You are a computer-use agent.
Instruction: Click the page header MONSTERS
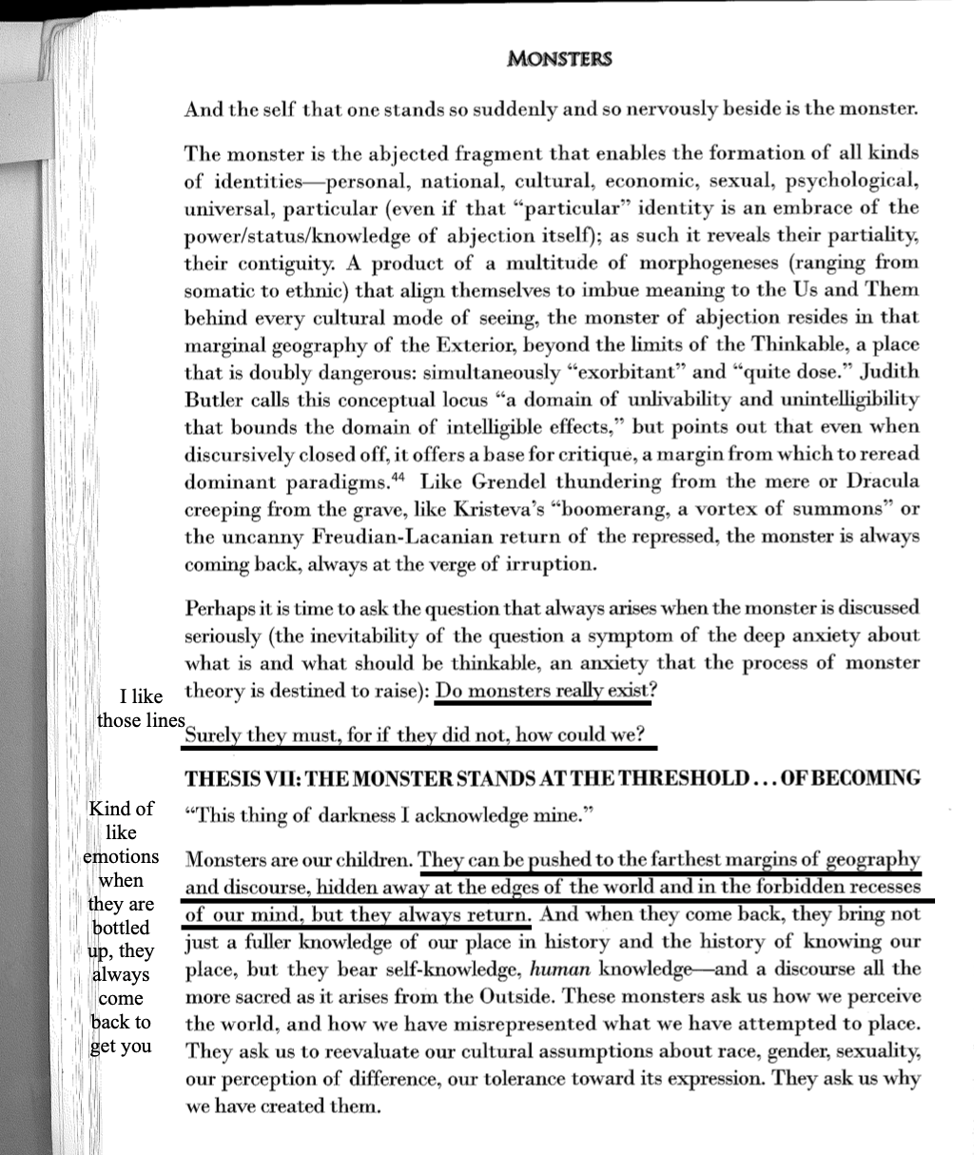[x=559, y=59]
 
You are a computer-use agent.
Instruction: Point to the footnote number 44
[x=402, y=476]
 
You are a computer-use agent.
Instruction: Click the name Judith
[x=885, y=372]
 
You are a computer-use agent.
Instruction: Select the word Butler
[x=215, y=400]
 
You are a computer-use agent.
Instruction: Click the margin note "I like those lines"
[x=141, y=709]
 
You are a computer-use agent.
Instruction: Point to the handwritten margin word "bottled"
[x=121, y=928]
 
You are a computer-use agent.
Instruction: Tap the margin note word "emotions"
[x=121, y=856]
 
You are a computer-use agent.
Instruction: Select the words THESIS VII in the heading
[x=242, y=778]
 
